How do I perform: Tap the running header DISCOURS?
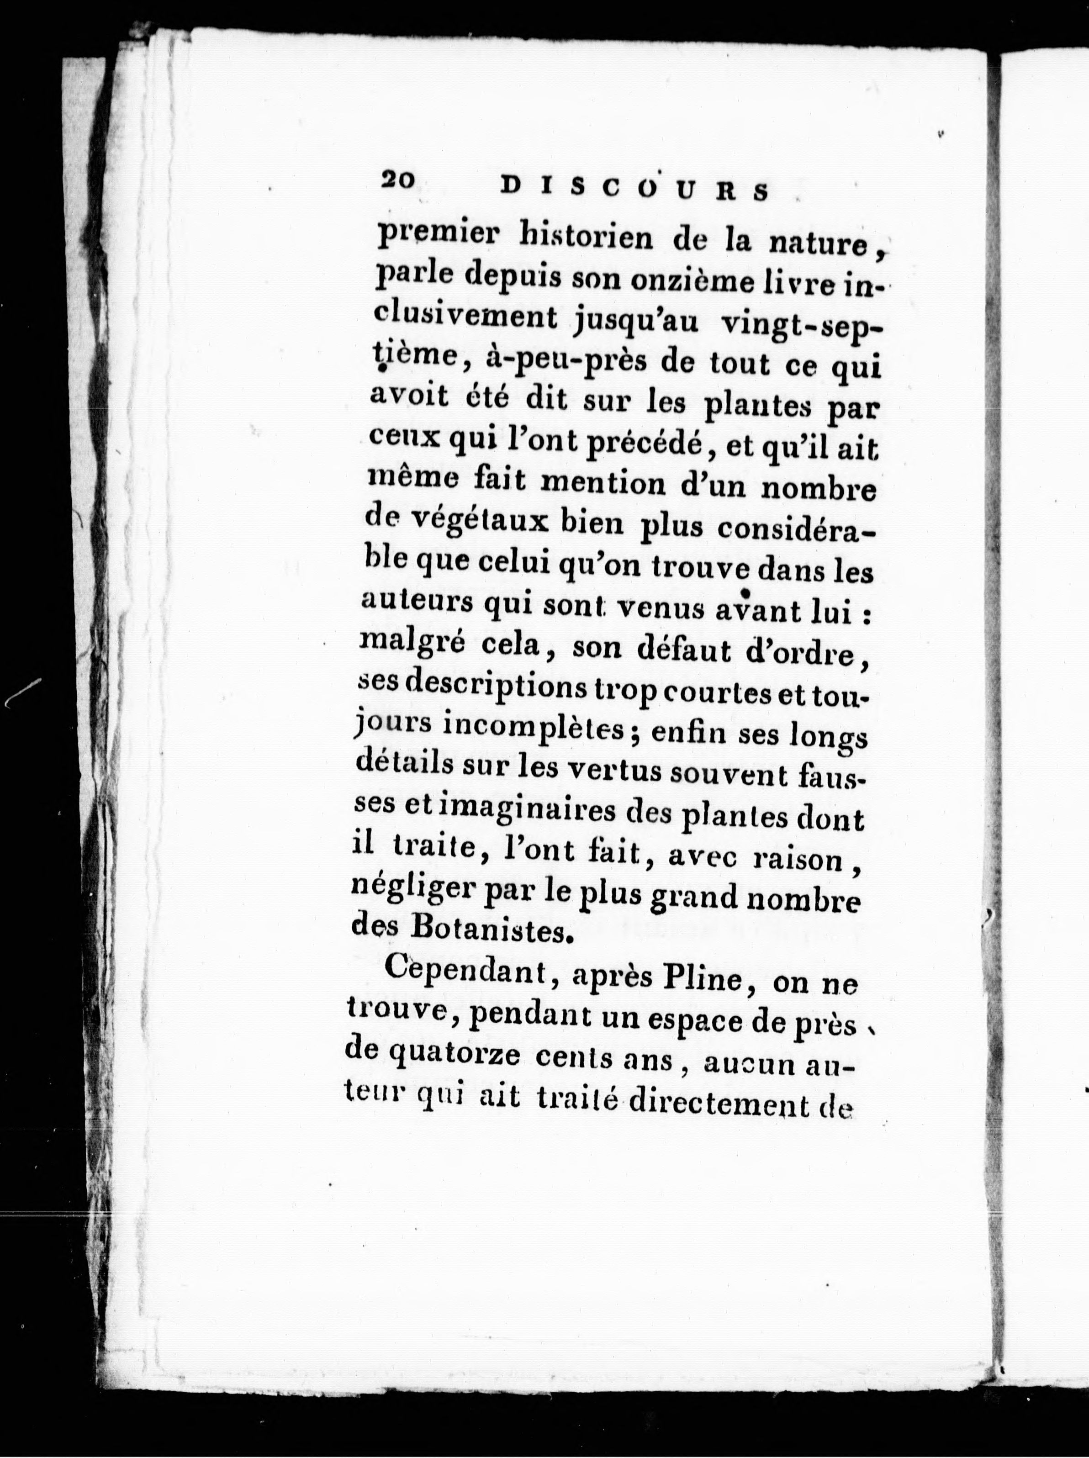[635, 189]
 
